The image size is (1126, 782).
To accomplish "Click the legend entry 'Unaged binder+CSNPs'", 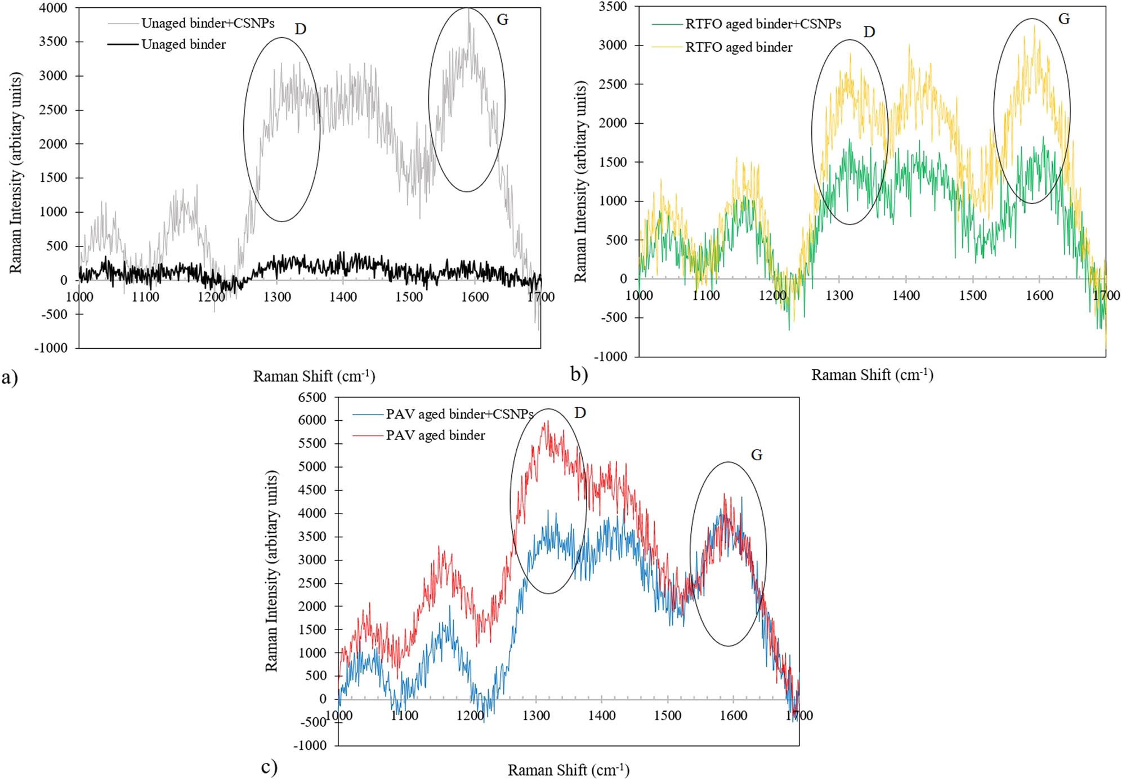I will coord(208,23).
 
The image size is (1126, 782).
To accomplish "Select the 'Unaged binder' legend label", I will coord(184,44).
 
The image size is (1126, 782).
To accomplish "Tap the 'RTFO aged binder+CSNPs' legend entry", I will coord(763,24).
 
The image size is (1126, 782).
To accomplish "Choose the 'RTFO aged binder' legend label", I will coord(739,47).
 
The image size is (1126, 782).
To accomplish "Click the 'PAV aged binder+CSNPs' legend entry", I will coord(459,414).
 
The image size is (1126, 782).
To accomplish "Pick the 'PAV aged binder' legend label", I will coord(435,435).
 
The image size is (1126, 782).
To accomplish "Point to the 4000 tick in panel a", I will coord(53,8).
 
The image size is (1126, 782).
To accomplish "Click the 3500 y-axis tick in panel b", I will coord(613,7).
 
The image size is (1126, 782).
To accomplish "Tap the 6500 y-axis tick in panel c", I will coord(312,397).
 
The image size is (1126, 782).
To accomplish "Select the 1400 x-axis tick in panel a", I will coord(343,297).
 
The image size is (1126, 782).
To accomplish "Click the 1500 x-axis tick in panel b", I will coord(973,295).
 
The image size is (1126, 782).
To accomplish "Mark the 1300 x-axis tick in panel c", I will coord(535,716).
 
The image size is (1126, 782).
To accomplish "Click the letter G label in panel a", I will coord(502,20).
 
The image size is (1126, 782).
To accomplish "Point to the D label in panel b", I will coord(869,32).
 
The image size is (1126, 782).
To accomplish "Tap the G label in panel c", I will coord(756,455).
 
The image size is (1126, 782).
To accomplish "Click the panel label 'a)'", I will coord(10,376).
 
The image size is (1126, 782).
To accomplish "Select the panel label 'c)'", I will coord(269,767).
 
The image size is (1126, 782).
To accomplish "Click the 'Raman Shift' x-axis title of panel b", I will coord(872,375).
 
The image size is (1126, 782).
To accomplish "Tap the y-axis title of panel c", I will coord(271,571).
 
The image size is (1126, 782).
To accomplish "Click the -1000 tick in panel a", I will coord(51,348).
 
